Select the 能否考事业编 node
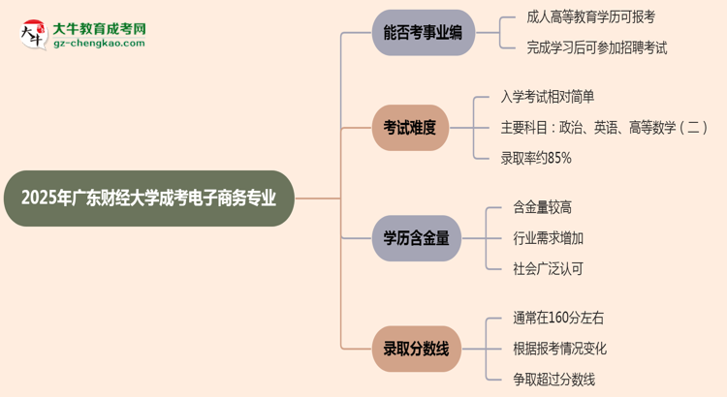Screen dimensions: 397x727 418,33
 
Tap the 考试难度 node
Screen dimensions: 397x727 410,127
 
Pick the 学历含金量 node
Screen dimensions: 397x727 418,238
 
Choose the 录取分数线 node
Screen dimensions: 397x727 418,349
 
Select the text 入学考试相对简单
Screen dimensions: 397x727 548,96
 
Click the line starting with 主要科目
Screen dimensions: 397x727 604,127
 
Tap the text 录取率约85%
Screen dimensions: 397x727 536,157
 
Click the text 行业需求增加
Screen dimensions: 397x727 548,238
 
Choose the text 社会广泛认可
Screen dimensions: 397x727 548,268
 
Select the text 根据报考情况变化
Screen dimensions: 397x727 559,349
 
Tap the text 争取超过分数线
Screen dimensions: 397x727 553,379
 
